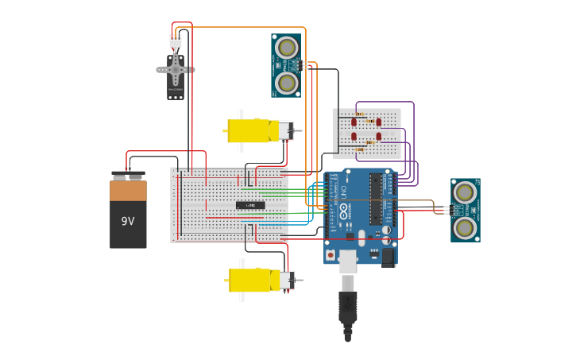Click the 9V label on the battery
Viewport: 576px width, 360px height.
click(128, 221)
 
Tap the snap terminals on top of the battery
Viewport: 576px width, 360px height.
click(128, 175)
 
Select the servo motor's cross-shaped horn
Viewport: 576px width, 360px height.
click(175, 70)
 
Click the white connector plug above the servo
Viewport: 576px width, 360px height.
click(175, 41)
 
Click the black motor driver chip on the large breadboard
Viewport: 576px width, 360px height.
click(250, 205)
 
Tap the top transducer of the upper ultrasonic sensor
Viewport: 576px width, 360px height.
click(287, 48)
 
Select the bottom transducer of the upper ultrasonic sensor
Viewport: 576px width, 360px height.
click(287, 82)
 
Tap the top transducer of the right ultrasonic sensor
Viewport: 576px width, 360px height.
click(465, 192)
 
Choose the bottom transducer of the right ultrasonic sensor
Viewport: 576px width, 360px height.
click(465, 227)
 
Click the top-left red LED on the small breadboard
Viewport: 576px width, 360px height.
click(354, 122)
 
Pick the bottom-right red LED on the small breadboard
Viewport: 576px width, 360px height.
click(378, 137)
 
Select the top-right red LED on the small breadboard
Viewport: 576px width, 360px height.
click(378, 122)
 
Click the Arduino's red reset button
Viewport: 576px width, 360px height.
click(331, 254)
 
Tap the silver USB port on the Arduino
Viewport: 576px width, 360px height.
click(347, 260)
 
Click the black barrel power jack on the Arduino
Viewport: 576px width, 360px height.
click(388, 257)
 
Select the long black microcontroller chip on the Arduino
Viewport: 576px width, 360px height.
click(374, 199)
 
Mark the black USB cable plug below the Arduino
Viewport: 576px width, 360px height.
click(347, 306)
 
